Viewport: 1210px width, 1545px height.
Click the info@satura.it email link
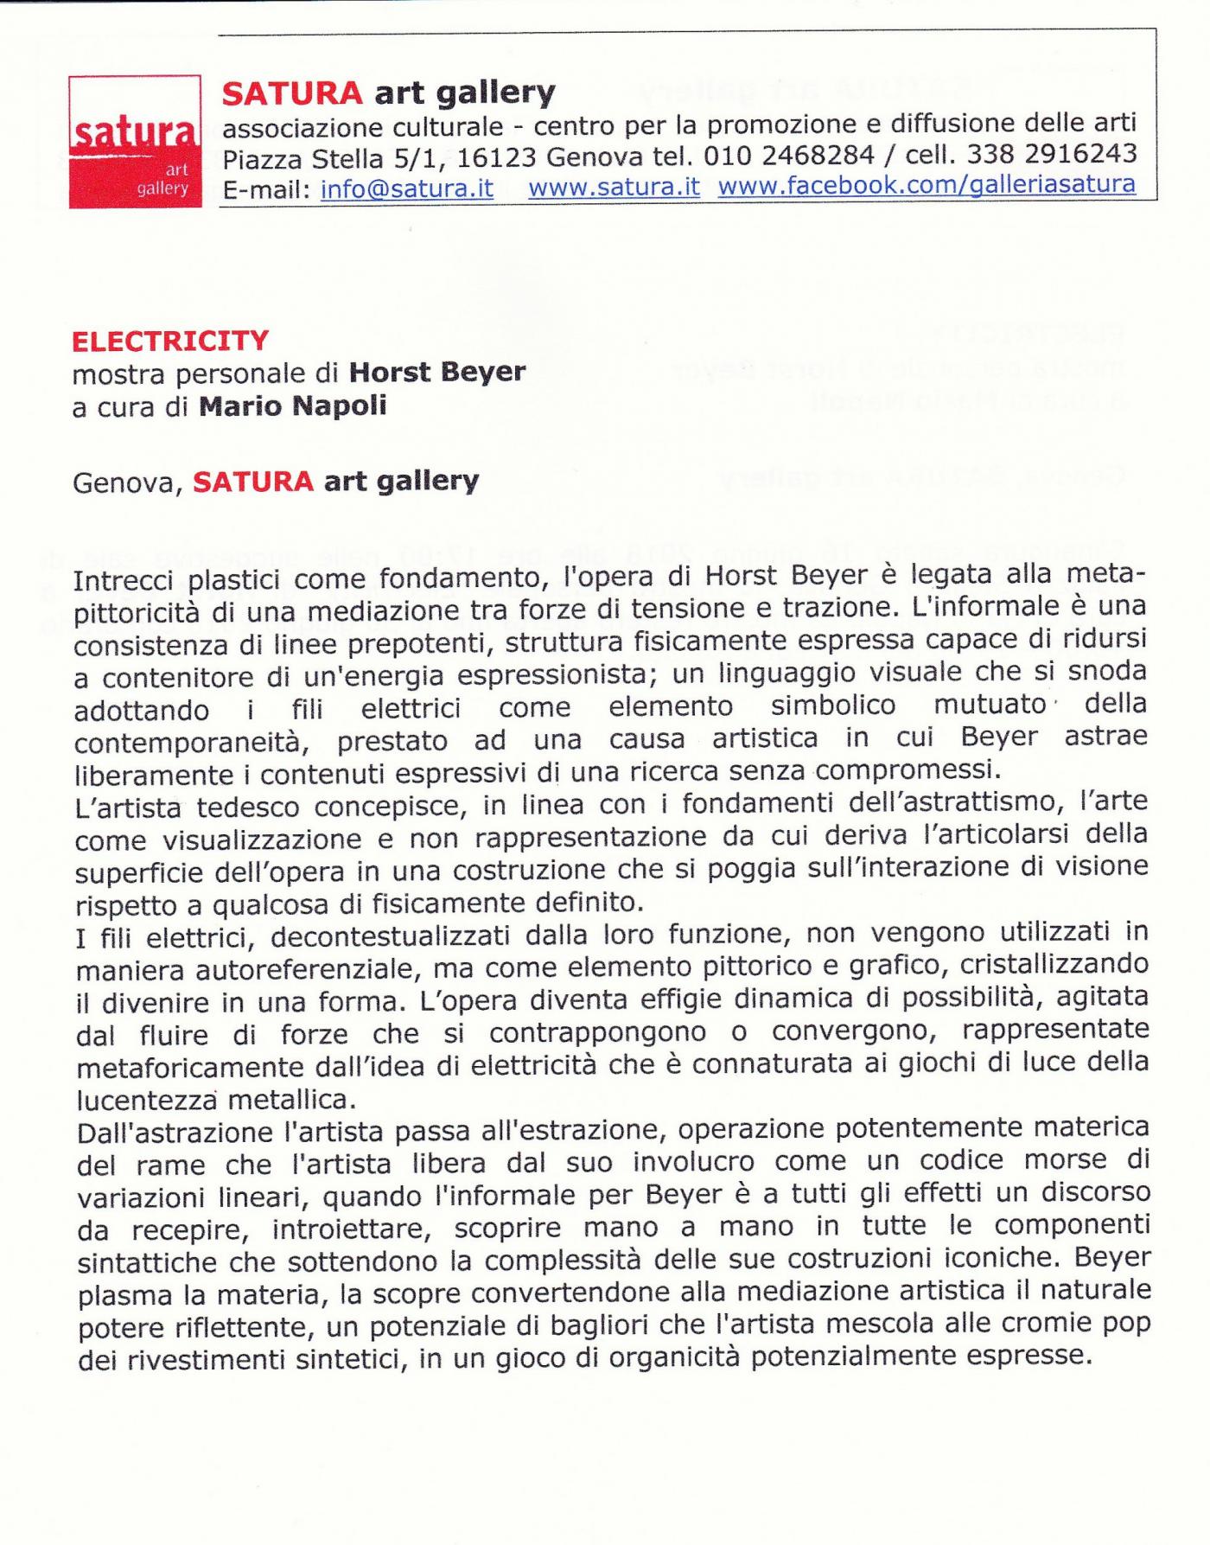tap(406, 188)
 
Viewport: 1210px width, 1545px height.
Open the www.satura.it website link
tap(614, 187)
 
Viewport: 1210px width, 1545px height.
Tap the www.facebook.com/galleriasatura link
tap(926, 185)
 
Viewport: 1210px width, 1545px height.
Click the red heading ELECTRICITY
tap(170, 342)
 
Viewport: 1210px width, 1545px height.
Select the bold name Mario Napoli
tap(292, 406)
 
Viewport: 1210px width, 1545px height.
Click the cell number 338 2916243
tap(1051, 153)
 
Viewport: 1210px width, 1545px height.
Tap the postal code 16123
tap(497, 158)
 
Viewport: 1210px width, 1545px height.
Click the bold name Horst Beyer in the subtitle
tap(436, 373)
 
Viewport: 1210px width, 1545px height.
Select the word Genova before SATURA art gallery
tap(127, 482)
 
